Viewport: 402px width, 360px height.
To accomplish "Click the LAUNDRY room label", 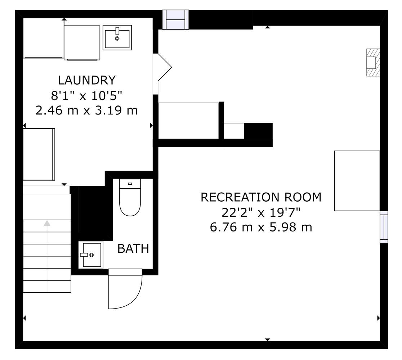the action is click(x=87, y=80).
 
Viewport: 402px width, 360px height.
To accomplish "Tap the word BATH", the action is click(x=133, y=248).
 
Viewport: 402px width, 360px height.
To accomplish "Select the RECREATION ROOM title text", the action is click(x=261, y=197).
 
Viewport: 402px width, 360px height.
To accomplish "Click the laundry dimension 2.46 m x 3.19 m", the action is click(x=87, y=111).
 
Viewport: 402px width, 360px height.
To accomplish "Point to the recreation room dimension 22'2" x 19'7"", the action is click(x=261, y=212).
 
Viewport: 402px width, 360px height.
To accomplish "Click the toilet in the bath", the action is click(x=130, y=197).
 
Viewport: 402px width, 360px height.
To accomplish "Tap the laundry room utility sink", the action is click(x=117, y=37).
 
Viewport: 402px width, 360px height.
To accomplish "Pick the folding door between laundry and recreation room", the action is click(x=164, y=67).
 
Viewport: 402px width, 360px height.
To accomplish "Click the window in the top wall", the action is click(x=176, y=19).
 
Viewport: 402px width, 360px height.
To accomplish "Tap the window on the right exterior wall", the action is click(x=384, y=227).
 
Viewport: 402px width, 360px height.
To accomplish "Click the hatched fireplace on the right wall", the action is click(x=373, y=63).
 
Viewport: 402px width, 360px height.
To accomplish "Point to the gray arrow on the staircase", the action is click(x=47, y=256).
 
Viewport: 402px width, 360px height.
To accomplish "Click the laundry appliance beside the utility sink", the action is click(x=82, y=42).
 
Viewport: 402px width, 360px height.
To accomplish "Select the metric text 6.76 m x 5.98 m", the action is click(x=261, y=227).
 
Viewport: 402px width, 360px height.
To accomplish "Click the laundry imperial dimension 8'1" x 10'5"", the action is click(x=87, y=96).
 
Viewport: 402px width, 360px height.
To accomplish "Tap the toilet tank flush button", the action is click(x=130, y=184).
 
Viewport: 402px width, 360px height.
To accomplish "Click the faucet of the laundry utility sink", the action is click(x=117, y=31).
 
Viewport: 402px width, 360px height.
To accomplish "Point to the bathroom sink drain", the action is click(x=91, y=255).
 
